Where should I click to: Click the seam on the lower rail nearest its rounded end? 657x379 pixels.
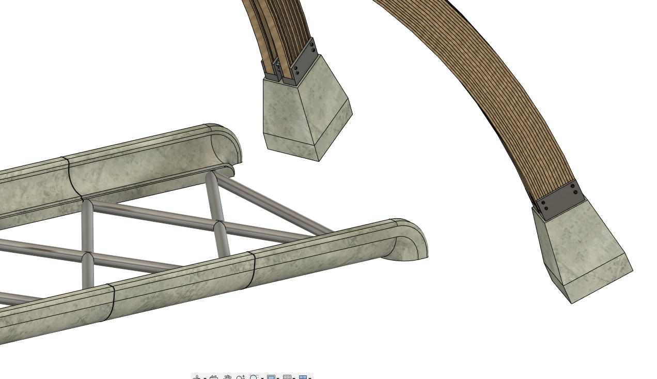252,269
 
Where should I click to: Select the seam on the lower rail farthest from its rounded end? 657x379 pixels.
110,302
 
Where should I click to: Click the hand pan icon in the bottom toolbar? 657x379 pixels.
227,377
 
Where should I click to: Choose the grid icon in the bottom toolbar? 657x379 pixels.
287,377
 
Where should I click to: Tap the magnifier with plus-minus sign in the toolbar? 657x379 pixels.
241,377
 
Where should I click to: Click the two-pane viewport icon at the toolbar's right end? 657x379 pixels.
303,377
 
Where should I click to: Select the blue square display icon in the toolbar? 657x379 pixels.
271,377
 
